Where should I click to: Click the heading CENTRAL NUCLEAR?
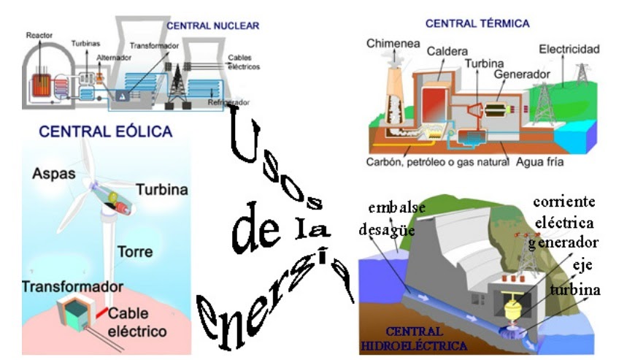(212, 26)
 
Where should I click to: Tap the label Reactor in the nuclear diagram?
(39, 34)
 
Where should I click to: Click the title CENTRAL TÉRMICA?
(477, 23)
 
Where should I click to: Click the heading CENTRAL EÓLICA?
(106, 132)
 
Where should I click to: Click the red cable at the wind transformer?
(98, 313)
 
